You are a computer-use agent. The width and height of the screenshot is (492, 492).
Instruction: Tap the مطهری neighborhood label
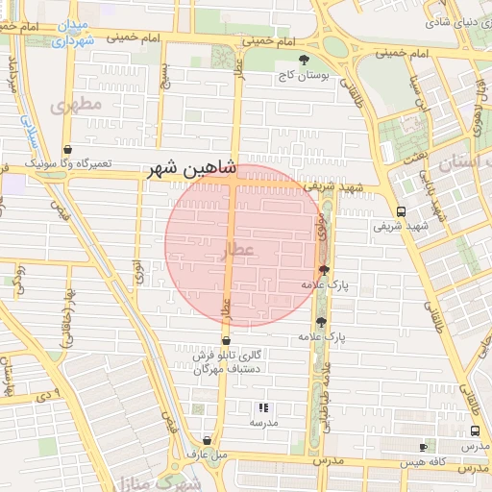[78, 104]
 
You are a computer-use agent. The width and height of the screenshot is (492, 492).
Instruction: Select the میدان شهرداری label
[73, 31]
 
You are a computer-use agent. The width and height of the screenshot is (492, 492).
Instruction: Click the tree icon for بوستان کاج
[305, 60]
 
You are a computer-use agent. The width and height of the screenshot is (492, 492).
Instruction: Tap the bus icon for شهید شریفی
[400, 211]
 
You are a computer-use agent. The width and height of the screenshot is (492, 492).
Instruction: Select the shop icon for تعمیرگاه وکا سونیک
[67, 150]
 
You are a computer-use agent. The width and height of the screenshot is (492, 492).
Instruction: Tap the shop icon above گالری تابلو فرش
[226, 340]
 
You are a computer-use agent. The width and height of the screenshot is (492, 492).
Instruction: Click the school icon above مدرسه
[263, 407]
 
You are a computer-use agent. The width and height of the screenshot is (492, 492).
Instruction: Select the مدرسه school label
[263, 423]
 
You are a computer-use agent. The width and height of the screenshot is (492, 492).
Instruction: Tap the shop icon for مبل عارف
[207, 441]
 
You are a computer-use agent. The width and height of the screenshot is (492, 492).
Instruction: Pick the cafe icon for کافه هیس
[424, 448]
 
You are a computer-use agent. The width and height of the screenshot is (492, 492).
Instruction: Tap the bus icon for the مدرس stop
[475, 431]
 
